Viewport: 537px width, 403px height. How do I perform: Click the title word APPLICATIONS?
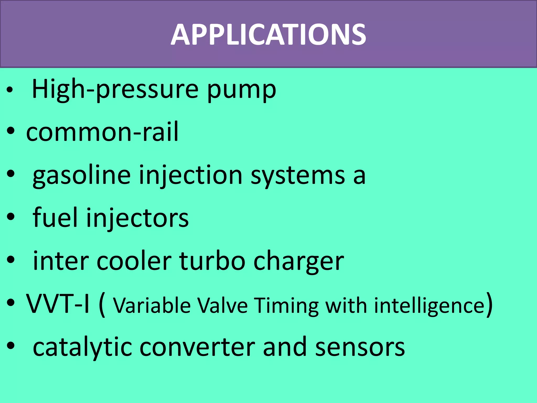tap(268, 35)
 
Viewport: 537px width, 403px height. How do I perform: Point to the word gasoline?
tap(82, 175)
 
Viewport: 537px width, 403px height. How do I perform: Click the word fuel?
tap(55, 217)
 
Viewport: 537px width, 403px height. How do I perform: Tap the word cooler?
tap(134, 261)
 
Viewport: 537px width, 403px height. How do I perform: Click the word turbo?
tap(212, 261)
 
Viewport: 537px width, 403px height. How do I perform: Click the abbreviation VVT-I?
tap(58, 304)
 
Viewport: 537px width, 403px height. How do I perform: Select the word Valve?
tap(222, 305)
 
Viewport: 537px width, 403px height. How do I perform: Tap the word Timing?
tap(287, 306)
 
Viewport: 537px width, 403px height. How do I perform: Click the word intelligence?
tap(429, 305)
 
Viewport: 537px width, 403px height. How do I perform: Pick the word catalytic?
tap(82, 347)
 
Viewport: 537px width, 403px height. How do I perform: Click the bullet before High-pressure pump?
tap(10, 90)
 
